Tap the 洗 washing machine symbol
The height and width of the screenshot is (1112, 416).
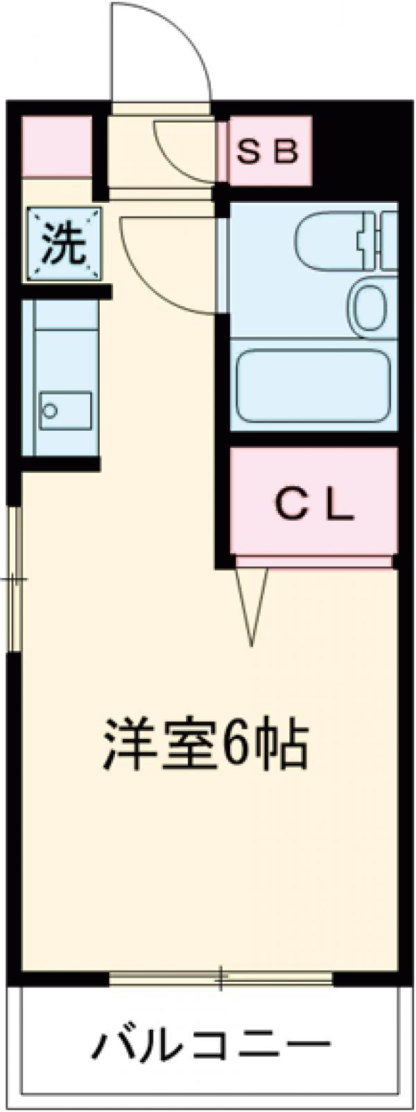point(64,244)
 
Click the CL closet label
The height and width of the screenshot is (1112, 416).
point(315,506)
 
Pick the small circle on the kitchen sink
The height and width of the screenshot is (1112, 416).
point(50,410)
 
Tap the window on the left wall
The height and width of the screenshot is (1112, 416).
point(15,579)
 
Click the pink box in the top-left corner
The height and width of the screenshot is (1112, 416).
point(56,146)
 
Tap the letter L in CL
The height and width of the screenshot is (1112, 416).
point(340,506)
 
